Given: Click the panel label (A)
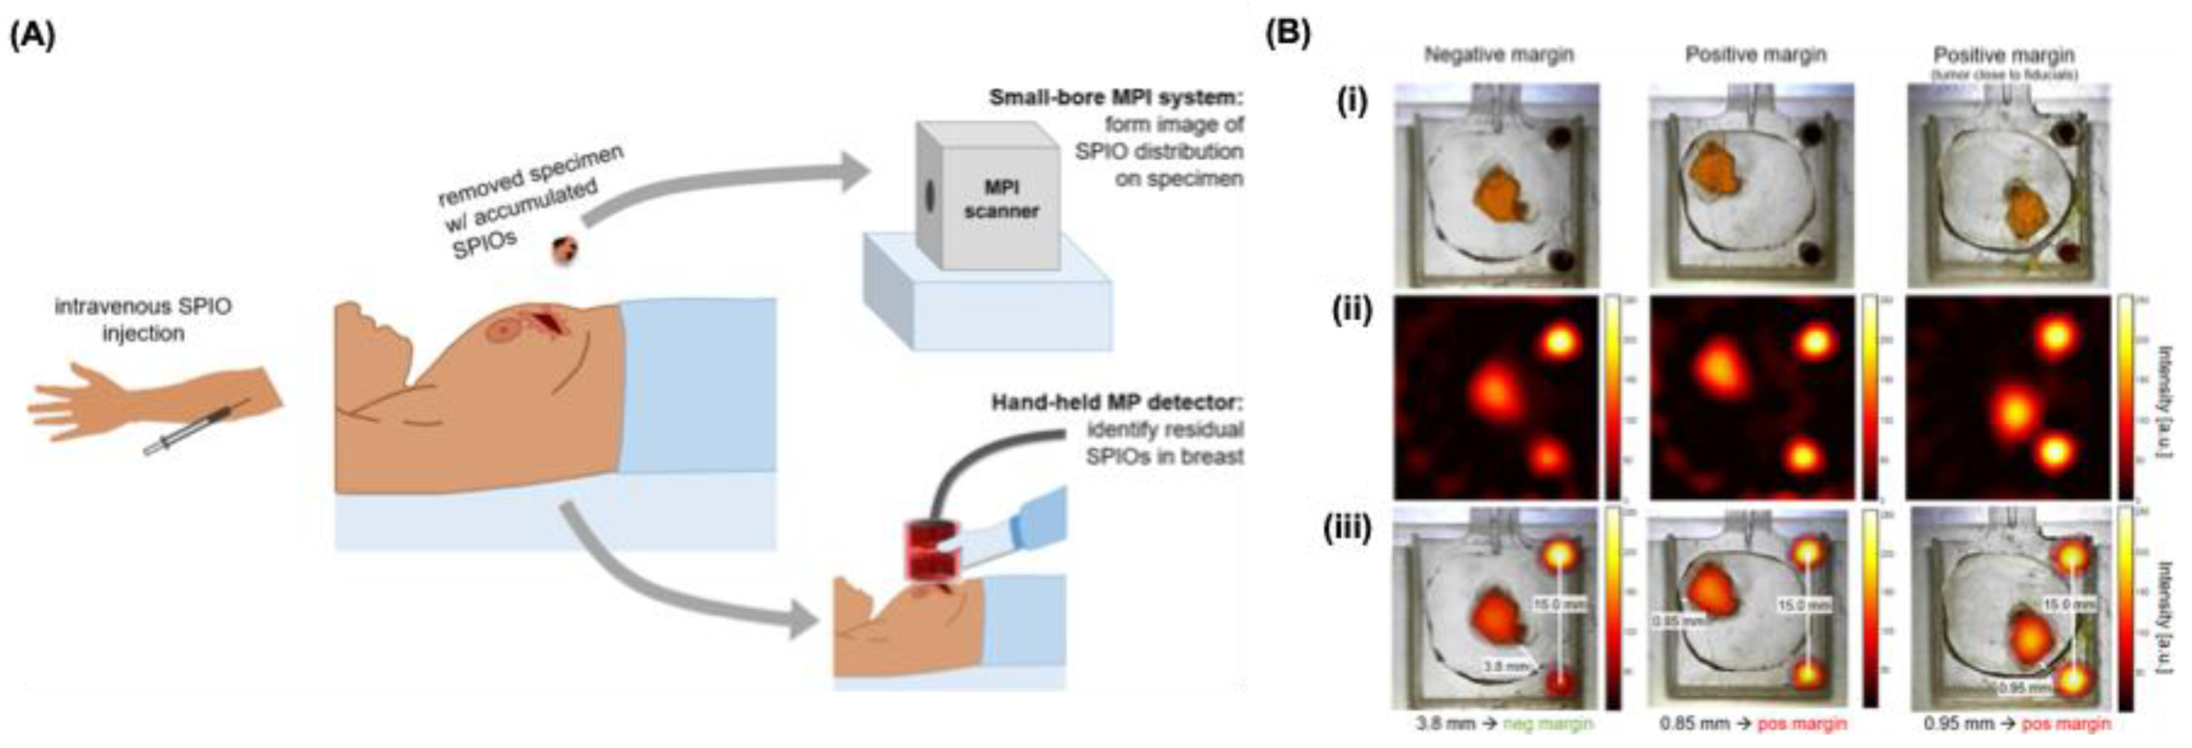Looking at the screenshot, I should pos(33,38).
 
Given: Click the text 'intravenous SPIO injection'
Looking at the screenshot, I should pos(143,319).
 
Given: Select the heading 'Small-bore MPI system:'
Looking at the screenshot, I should pos(1116,97).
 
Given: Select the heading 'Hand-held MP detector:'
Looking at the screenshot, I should pos(1116,401).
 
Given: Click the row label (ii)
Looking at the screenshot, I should pos(1353,312).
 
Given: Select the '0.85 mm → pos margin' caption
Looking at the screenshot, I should pos(1752,723).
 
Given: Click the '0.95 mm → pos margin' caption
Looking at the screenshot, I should pos(2017,723).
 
